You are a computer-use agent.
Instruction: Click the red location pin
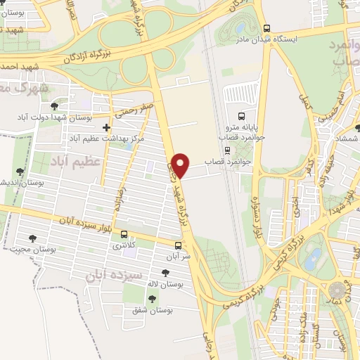(181, 165)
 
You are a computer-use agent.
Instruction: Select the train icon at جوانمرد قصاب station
(226, 150)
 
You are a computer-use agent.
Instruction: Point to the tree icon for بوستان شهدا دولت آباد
(54, 106)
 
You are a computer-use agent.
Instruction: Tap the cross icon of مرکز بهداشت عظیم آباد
(105, 128)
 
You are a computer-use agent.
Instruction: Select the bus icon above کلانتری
(124, 235)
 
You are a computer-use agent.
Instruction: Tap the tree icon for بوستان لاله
(165, 273)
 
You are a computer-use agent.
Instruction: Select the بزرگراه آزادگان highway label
(91, 54)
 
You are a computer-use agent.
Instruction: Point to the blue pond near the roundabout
(314, 257)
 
